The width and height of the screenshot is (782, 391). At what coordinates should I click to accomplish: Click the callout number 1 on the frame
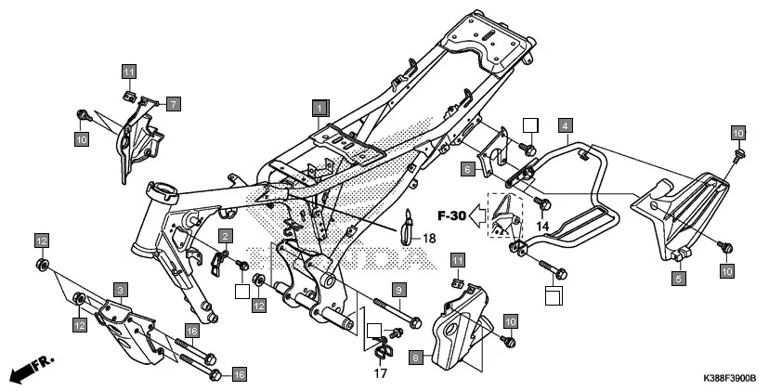(319, 107)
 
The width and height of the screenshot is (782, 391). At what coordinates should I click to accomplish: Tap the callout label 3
(120, 291)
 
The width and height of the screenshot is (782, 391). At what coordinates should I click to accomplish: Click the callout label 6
(469, 169)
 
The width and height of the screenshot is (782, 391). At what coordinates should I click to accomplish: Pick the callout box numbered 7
(174, 104)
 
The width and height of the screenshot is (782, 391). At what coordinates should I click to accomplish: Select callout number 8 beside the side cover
(416, 356)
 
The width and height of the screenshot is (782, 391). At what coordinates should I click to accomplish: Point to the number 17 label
(380, 373)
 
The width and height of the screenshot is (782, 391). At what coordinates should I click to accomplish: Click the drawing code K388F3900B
(723, 380)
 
